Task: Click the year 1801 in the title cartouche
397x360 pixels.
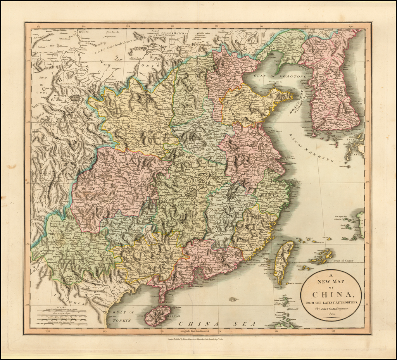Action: (331, 314)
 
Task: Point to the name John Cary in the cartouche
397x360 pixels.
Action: (326, 308)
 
